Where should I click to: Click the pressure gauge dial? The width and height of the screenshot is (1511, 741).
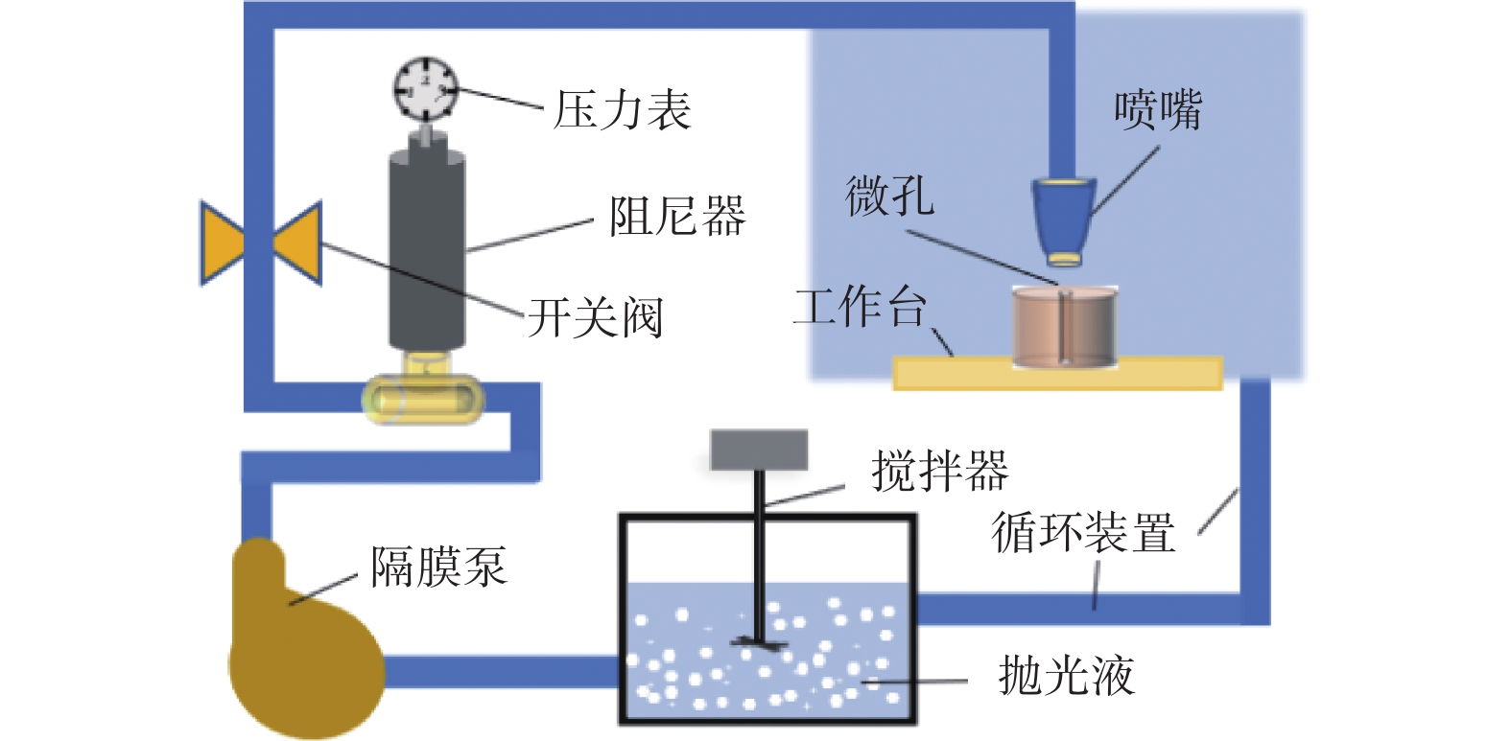coord(426,88)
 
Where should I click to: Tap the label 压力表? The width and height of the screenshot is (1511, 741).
coord(623,110)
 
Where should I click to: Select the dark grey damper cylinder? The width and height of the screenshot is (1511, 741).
coord(427,249)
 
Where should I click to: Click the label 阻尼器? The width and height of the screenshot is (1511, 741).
coord(677,216)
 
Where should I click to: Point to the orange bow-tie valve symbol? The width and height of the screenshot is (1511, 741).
coord(260,243)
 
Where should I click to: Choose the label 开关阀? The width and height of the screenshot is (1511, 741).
coord(595,317)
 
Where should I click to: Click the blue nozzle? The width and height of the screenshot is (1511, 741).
coord(1063,219)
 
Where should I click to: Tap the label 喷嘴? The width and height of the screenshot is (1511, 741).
coord(1158,110)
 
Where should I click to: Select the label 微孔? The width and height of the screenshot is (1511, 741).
coord(889,197)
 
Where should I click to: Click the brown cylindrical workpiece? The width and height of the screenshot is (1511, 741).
coord(1065,327)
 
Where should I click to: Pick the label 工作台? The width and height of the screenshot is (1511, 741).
coord(860,308)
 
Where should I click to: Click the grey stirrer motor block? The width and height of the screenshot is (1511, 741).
coord(759,450)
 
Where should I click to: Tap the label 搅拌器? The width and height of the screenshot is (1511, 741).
coord(939,471)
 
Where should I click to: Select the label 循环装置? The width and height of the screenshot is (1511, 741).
coord(1083,532)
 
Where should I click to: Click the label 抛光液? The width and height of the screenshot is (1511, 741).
coord(1066,676)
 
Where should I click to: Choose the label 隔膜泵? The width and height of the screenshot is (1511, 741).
coord(438,567)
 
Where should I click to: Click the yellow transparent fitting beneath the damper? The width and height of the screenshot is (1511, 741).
coord(421,399)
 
